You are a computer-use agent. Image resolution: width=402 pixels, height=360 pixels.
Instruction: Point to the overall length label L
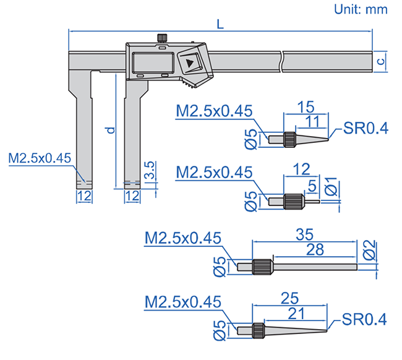[x=221, y=24]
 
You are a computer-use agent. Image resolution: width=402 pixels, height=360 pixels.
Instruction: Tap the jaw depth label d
[x=109, y=131]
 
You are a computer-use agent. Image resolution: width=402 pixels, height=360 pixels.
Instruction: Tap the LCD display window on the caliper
[x=151, y=63]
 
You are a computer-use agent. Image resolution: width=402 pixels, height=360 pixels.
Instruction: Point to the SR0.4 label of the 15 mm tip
[x=367, y=129]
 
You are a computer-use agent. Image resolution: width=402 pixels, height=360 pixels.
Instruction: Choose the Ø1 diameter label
[x=331, y=186]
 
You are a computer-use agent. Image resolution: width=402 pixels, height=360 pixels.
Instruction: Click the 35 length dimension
[x=302, y=234]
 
